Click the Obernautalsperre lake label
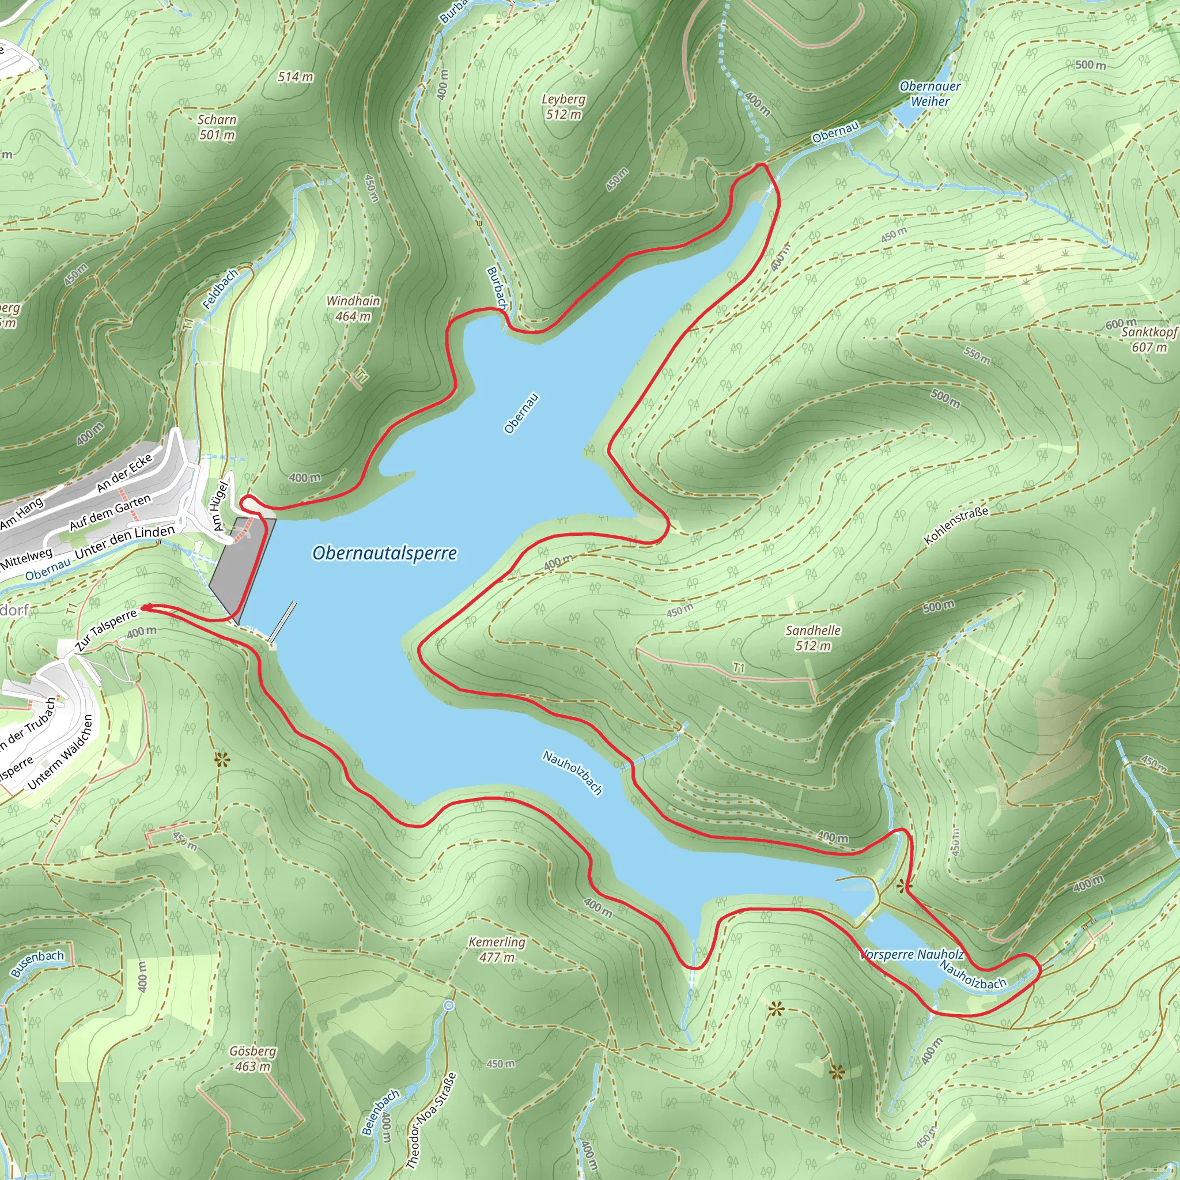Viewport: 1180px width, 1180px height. click(384, 553)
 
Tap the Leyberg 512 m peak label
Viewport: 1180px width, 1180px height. click(563, 107)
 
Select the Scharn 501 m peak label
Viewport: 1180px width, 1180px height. click(217, 127)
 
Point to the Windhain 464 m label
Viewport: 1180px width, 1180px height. click(353, 308)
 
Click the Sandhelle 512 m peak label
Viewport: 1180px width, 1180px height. click(813, 638)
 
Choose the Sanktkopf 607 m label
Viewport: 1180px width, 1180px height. click(1149, 339)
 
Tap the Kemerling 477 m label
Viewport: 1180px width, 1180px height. click(497, 950)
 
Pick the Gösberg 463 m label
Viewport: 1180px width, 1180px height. click(252, 1058)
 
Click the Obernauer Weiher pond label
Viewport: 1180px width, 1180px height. click(929, 94)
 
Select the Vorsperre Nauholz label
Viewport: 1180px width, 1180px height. click(912, 955)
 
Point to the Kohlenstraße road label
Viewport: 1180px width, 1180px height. click(956, 525)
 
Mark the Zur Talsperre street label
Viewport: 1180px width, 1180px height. click(105, 630)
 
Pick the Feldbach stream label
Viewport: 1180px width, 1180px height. click(220, 289)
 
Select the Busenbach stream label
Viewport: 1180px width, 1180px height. click(37, 965)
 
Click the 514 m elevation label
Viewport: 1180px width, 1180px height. click(295, 77)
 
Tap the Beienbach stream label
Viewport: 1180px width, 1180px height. click(380, 1113)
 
